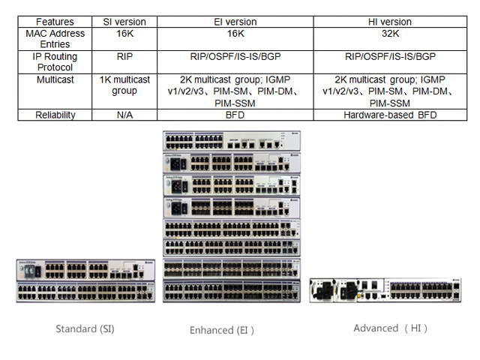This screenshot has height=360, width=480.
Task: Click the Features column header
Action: click(x=55, y=22)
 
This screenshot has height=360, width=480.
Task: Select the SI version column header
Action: click(x=124, y=22)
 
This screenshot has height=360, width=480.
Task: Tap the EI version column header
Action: click(x=235, y=22)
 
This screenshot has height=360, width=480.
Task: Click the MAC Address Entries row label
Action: click(x=55, y=39)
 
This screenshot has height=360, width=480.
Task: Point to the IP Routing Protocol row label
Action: click(x=55, y=61)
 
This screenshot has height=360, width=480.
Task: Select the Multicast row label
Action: click(x=55, y=79)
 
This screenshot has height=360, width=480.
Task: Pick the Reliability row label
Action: click(x=55, y=115)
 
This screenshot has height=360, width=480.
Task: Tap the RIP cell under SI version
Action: click(x=124, y=56)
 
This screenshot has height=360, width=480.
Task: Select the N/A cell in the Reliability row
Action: click(x=124, y=115)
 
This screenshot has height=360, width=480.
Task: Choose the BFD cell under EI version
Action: click(x=235, y=115)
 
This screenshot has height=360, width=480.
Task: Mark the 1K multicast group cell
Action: click(x=124, y=85)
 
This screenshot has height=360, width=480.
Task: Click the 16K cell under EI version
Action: click(x=235, y=34)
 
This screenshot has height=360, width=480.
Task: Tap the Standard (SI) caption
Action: click(x=85, y=328)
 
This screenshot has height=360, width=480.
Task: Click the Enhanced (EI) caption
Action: click(x=222, y=329)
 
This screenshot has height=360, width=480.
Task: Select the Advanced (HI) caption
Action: click(x=390, y=328)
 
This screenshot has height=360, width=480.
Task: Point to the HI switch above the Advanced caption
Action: click(x=384, y=289)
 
